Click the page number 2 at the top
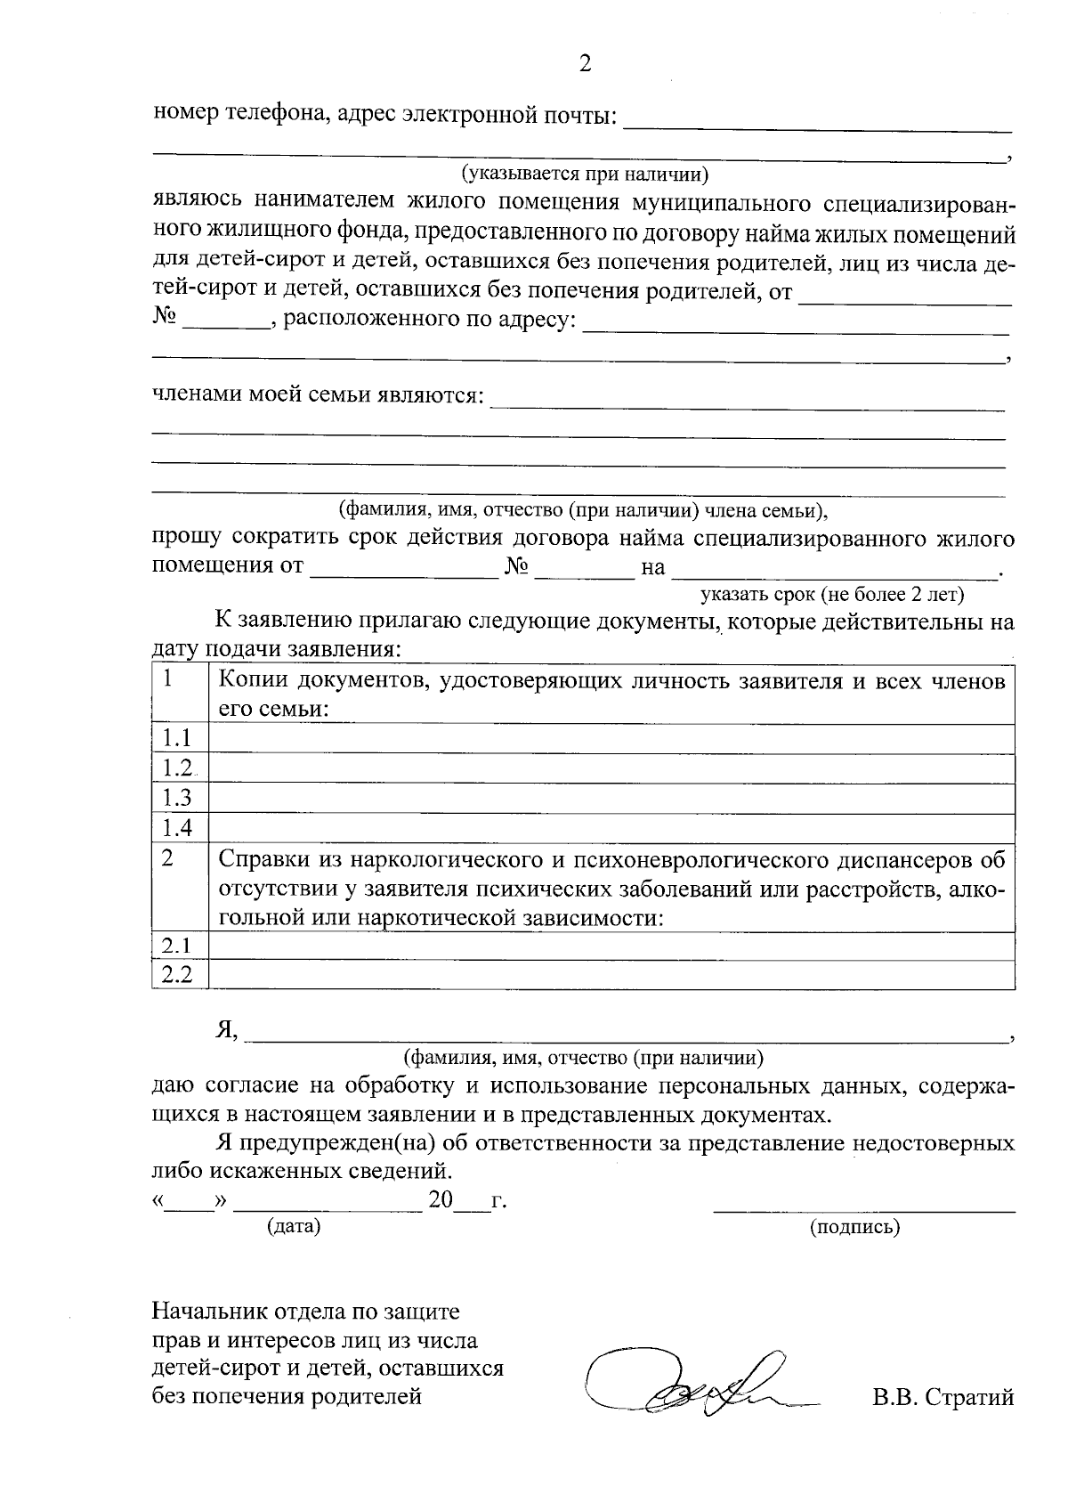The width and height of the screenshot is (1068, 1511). [585, 63]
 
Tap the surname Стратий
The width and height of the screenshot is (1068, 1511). [969, 1397]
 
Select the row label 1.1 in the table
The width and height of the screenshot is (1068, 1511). [177, 738]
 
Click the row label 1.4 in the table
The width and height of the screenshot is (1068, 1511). [177, 828]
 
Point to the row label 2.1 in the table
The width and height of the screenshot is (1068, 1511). [177, 946]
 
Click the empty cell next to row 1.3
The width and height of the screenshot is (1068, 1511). [611, 798]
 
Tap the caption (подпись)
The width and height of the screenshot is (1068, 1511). [854, 1227]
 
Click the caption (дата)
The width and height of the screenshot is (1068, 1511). [294, 1226]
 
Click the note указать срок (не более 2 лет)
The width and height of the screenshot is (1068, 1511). [832, 594]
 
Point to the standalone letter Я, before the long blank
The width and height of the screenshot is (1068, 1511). [226, 1029]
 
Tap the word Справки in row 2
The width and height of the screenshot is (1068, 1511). [260, 860]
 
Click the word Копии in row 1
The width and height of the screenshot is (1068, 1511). [250, 682]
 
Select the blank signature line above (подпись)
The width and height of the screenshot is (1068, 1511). [863, 1210]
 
